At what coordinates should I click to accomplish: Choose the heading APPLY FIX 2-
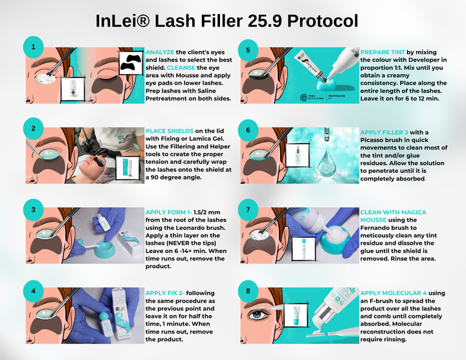(x=167, y=293)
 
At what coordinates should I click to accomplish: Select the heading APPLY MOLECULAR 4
(x=397, y=293)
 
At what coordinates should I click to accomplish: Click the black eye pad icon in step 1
(x=132, y=60)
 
